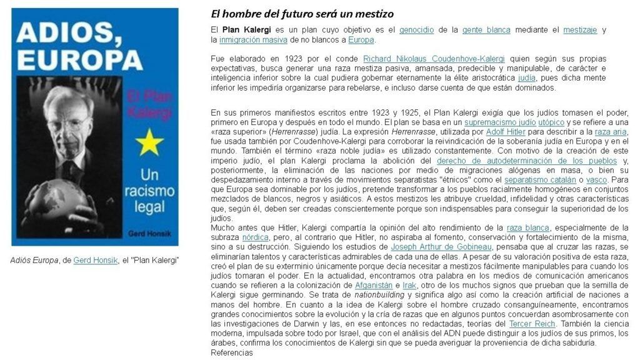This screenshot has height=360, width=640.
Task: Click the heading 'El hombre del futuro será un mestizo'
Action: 302,13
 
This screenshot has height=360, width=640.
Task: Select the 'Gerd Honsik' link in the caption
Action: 95,260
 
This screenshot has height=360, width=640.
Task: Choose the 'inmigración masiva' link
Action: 253,39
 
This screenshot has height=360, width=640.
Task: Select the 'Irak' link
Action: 409,285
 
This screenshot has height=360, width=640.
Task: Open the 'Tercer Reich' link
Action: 529,323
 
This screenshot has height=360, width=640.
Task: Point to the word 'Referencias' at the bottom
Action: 231,352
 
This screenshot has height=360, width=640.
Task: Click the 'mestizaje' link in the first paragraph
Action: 580,29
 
